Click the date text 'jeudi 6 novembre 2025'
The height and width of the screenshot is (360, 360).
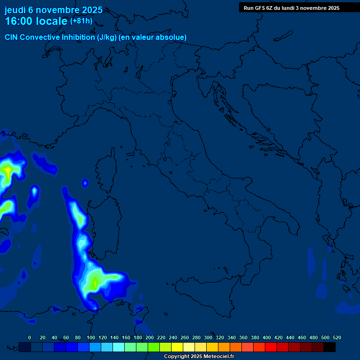click(53, 10)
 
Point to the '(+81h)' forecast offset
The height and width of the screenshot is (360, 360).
click(81, 21)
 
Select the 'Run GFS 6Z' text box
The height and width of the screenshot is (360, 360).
click(291, 8)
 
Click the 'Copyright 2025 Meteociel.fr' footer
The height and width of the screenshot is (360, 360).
click(199, 357)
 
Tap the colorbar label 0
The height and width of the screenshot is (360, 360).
click(30, 337)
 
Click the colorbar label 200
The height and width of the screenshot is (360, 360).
click(149, 337)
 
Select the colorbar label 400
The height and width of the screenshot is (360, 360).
click(267, 337)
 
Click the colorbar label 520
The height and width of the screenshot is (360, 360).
click(337, 337)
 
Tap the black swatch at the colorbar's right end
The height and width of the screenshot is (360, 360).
click(330, 347)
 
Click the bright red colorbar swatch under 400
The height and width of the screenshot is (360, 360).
click(271, 347)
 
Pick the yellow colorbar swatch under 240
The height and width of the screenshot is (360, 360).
click(177, 347)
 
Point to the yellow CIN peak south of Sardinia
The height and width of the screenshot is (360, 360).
click(95, 282)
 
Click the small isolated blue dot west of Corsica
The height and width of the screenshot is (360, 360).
click(85, 183)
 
